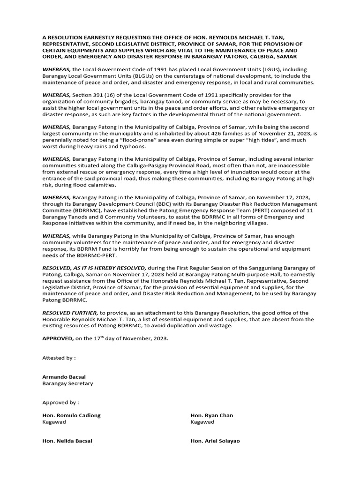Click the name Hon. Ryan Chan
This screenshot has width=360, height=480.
pos(211,415)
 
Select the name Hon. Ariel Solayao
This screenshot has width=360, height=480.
pos(215,441)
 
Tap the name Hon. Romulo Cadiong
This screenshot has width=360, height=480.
pos(71,415)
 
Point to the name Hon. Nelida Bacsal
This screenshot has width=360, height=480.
pos(67,441)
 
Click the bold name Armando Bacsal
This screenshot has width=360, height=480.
pos(64,376)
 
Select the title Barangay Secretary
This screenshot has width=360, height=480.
pos(67,383)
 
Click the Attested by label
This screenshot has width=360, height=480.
pos(59,358)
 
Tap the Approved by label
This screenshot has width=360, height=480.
pos(60,402)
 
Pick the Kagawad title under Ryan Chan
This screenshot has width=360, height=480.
pos(202,422)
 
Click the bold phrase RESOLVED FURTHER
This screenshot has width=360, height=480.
pos(70,313)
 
